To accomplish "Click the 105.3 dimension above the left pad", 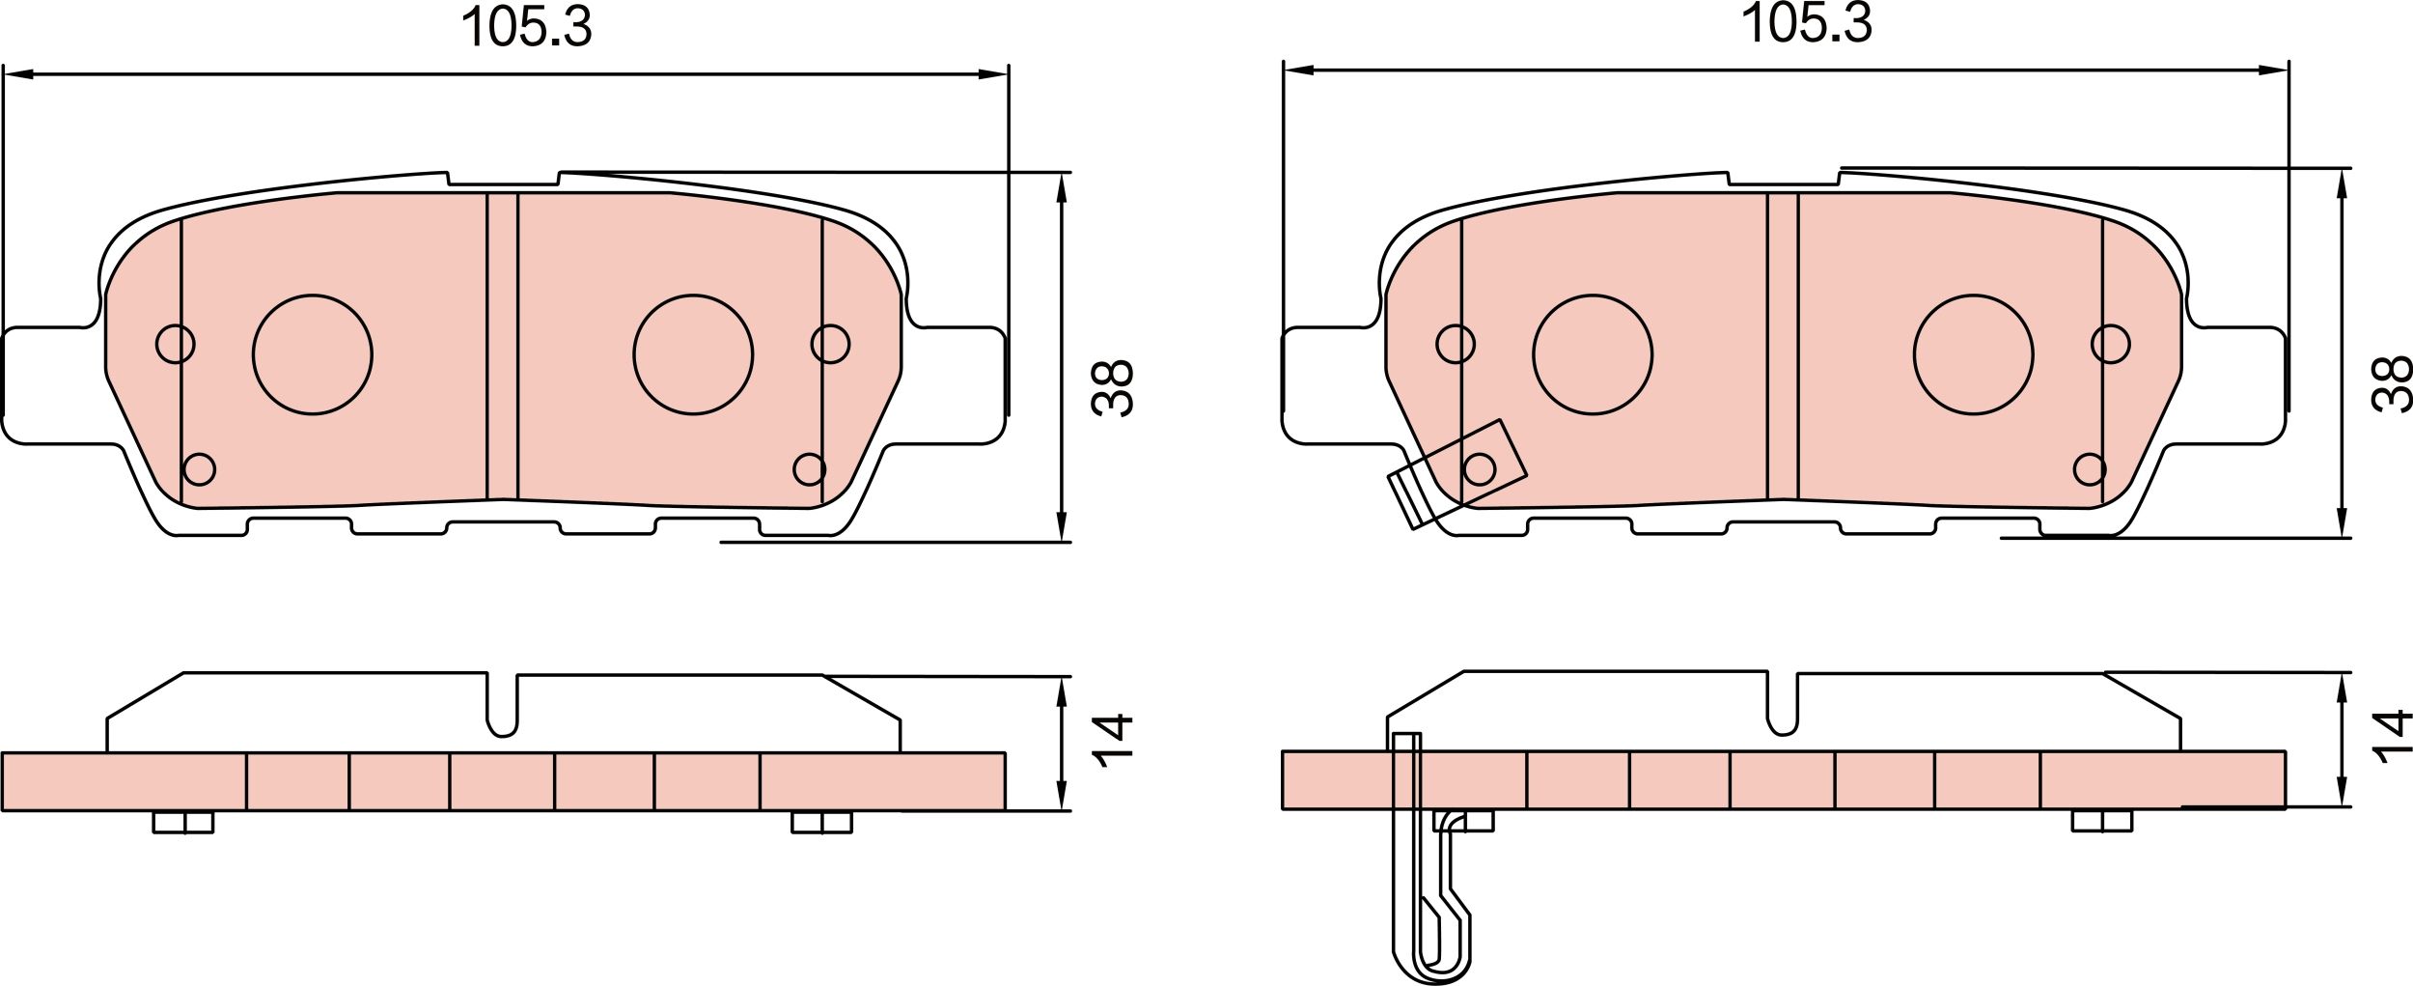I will click(526, 27).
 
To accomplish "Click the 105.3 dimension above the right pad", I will click(1806, 24).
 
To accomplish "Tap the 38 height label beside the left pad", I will click(1112, 388).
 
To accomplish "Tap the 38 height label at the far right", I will click(2392, 384).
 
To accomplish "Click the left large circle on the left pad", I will click(312, 354).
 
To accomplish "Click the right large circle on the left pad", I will click(693, 354).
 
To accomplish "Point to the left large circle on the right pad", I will click(1592, 354).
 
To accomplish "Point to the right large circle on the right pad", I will click(1973, 354).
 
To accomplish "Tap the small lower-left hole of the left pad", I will click(199, 469).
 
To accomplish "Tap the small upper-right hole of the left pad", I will click(830, 344).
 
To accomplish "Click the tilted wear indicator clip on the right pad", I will click(1457, 472).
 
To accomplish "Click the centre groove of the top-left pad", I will click(502, 346).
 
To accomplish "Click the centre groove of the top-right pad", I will click(1782, 346).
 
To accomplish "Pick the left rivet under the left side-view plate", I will click(183, 822).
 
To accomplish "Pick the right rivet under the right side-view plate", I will click(2102, 821).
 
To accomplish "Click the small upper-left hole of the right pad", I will click(1456, 344).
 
